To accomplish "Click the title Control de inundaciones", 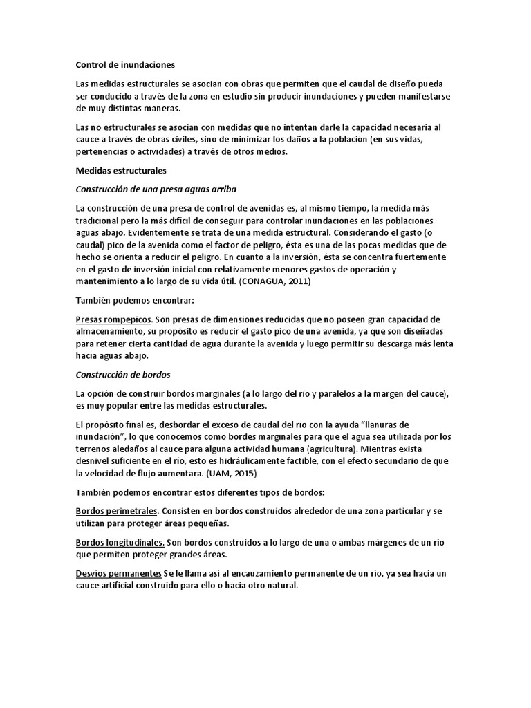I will [125, 65].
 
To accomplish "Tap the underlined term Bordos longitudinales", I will [120, 543].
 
